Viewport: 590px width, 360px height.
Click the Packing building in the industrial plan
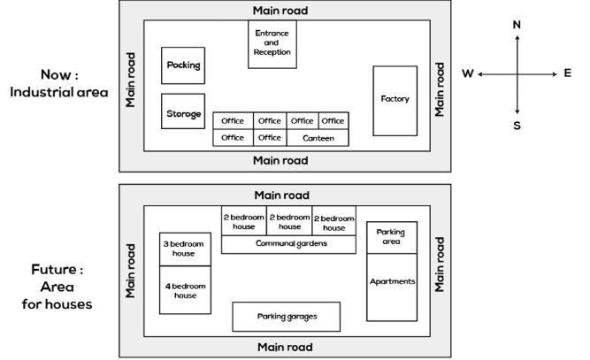(183, 65)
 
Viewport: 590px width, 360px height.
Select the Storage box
(183, 111)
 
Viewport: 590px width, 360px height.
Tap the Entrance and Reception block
(272, 44)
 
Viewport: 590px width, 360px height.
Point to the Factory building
(395, 101)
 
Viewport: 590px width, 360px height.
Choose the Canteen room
(318, 138)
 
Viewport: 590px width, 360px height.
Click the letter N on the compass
(517, 25)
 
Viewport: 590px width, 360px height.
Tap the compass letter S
(517, 126)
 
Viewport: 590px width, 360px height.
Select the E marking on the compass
(567, 73)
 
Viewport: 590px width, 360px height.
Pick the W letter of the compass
(468, 73)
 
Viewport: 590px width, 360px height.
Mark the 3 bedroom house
(185, 249)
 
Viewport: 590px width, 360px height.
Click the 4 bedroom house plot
(185, 290)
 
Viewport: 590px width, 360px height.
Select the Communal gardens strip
(288, 244)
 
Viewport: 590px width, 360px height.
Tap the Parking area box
(392, 237)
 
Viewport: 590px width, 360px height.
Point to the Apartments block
(392, 287)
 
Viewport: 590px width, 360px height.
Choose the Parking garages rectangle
(287, 317)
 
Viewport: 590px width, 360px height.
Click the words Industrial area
(59, 92)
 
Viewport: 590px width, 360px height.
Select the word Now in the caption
(56, 74)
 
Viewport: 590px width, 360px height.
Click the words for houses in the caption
(57, 304)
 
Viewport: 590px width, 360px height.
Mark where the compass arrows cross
(517, 74)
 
